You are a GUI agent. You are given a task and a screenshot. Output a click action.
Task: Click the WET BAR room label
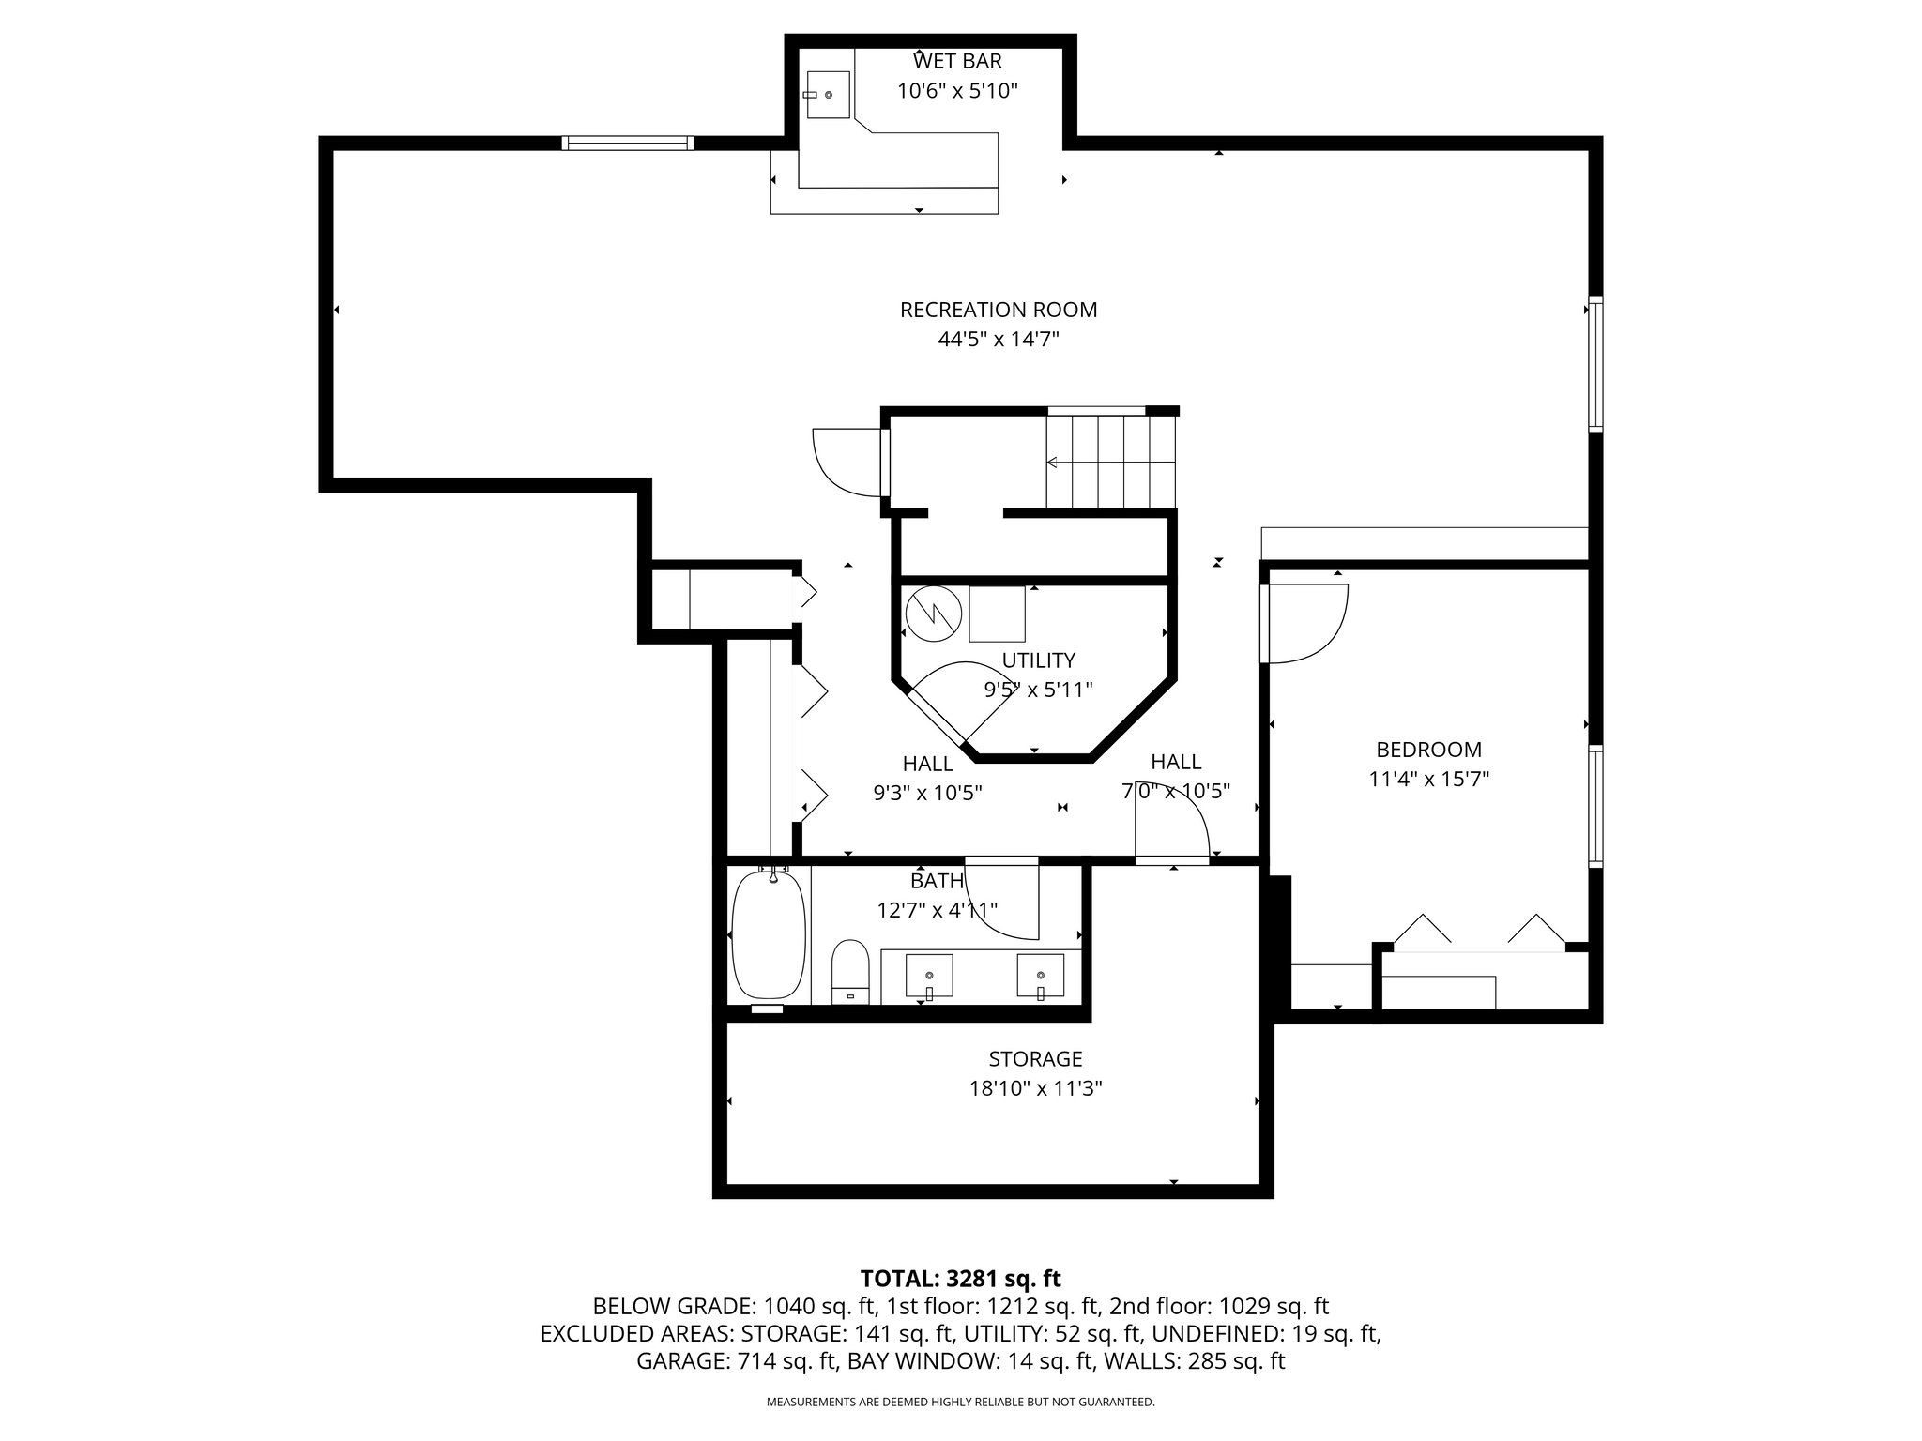pos(957,61)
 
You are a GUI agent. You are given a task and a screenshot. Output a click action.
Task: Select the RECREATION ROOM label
pos(999,310)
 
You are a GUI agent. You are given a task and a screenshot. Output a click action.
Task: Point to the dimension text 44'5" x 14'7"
pos(999,340)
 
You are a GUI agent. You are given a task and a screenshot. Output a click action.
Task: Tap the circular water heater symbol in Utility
pos(934,614)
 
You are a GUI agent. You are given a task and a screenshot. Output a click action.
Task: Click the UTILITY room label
pos(1038,660)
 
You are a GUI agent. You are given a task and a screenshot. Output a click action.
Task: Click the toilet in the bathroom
pos(851,972)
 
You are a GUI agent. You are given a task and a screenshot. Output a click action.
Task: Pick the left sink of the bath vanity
pos(929,976)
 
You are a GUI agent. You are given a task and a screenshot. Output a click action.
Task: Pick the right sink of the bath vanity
pos(1041,976)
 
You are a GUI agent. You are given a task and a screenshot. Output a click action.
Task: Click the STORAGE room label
pos(1035,1059)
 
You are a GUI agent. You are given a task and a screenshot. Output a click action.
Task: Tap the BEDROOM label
pos(1428,750)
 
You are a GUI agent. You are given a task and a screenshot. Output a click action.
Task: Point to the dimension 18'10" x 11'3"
pos(1035,1089)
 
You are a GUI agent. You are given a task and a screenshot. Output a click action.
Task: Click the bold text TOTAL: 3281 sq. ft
pos(960,1279)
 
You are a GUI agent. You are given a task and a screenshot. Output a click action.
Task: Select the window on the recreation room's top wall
pos(627,144)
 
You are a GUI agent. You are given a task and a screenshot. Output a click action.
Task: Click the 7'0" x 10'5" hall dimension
pos(1176,792)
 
